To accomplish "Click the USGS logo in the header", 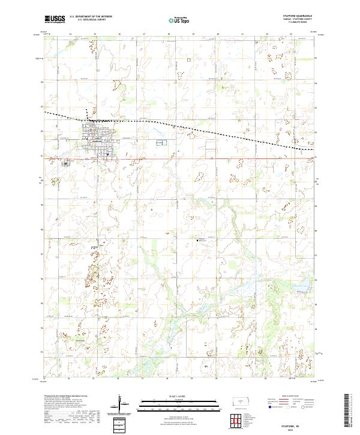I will [x=55, y=19].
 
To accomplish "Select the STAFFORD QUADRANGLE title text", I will [x=298, y=16].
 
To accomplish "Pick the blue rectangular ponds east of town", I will [x=160, y=143].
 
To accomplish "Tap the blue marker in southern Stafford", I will [x=106, y=155].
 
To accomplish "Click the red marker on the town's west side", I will [x=87, y=142].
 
